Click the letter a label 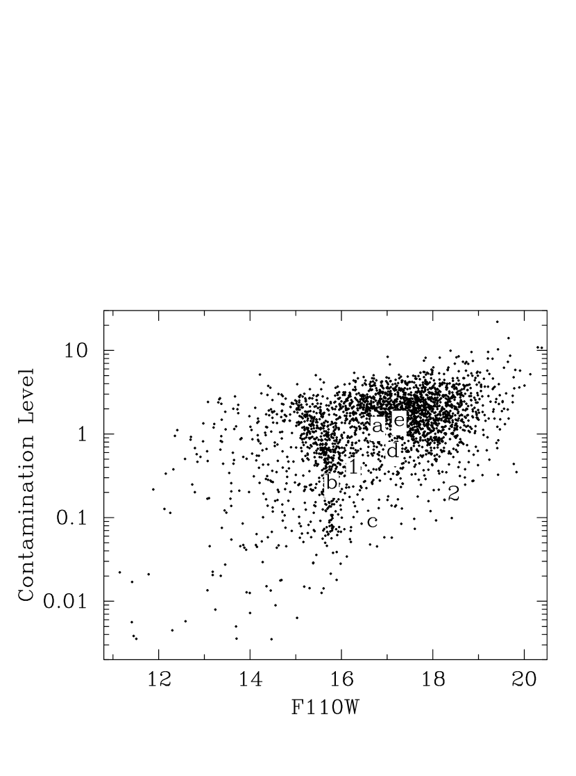point(378,427)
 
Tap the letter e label point(399,422)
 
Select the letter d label point(393,452)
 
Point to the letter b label point(332,484)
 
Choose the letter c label point(372,522)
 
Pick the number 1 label point(353,468)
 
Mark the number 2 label point(454,495)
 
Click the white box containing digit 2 point(454,495)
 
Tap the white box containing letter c point(372,522)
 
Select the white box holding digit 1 point(353,468)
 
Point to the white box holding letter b point(332,484)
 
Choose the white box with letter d point(393,452)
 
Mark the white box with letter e point(399,422)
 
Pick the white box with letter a point(378,427)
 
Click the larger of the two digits point(454,495)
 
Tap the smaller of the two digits point(353,468)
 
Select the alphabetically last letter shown point(399,422)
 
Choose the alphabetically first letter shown point(378,427)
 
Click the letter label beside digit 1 point(332,484)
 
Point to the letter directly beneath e point(393,452)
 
